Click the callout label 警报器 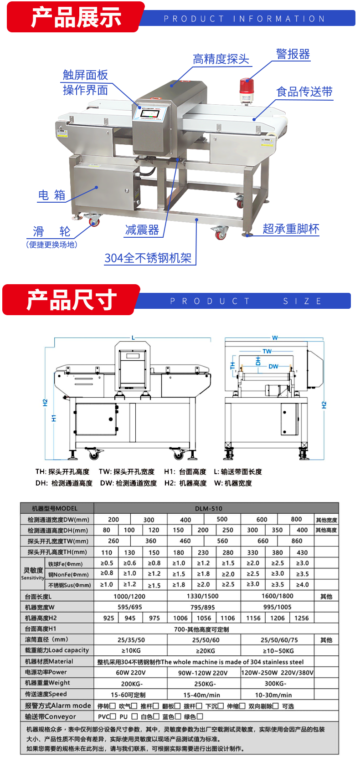pos(293,54)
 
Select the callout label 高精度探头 pos(221,59)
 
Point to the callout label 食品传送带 pos(304,92)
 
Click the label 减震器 pos(142,230)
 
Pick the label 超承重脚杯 pos(291,229)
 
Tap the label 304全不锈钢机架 pos(148,258)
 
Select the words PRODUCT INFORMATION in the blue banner pos(244,19)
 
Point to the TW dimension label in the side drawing pos(267,351)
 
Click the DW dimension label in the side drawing pos(273,366)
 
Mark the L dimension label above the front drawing pos(133,337)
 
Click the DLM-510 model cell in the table pos(209,508)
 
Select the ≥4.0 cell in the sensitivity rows pos(302,584)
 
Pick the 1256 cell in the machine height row pos(302,618)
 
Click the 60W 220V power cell pos(131,673)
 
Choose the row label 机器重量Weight pos(48,683)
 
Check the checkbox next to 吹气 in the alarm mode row pos(134,705)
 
